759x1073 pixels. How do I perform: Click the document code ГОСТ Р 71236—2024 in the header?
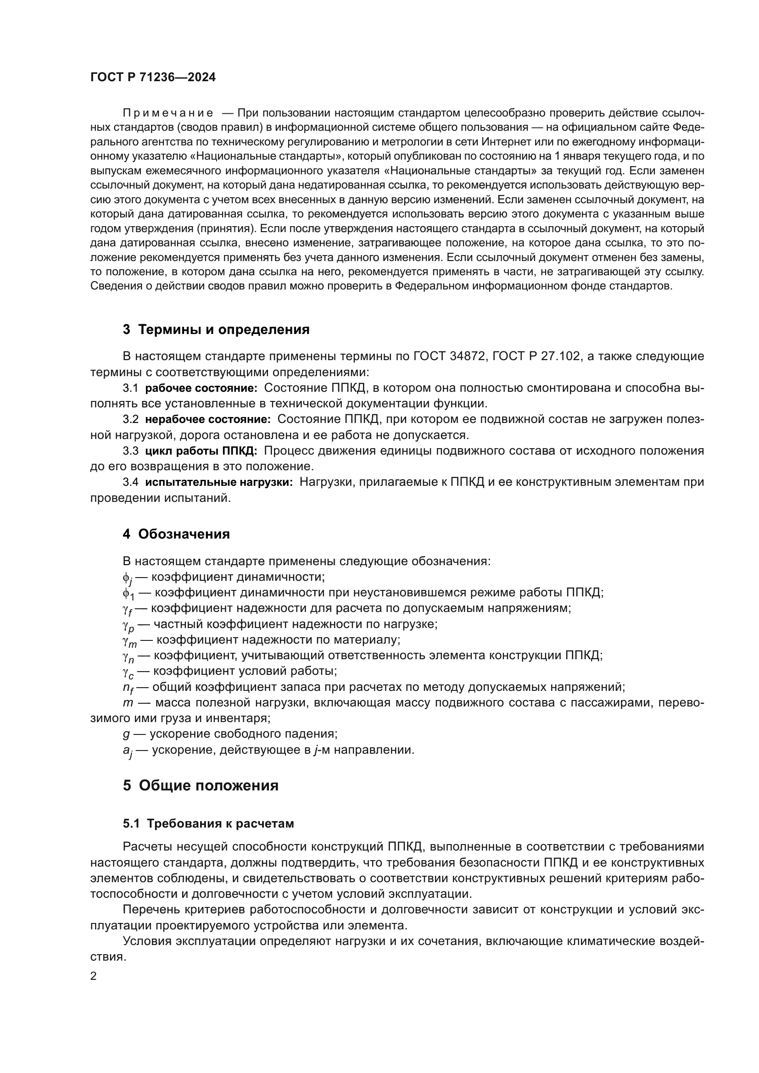click(153, 78)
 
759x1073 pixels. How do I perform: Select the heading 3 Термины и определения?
click(216, 329)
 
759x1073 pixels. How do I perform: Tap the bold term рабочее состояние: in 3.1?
click(201, 388)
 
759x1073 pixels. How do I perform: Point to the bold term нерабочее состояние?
click(208, 419)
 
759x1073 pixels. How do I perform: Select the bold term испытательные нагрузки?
click(219, 482)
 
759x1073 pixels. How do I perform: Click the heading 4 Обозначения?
click(176, 534)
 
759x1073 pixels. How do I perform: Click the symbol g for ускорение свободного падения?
click(126, 734)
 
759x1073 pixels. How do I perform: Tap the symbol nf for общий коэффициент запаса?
click(128, 688)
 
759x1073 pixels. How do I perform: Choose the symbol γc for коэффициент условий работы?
click(128, 673)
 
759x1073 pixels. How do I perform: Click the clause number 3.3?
click(131, 451)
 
